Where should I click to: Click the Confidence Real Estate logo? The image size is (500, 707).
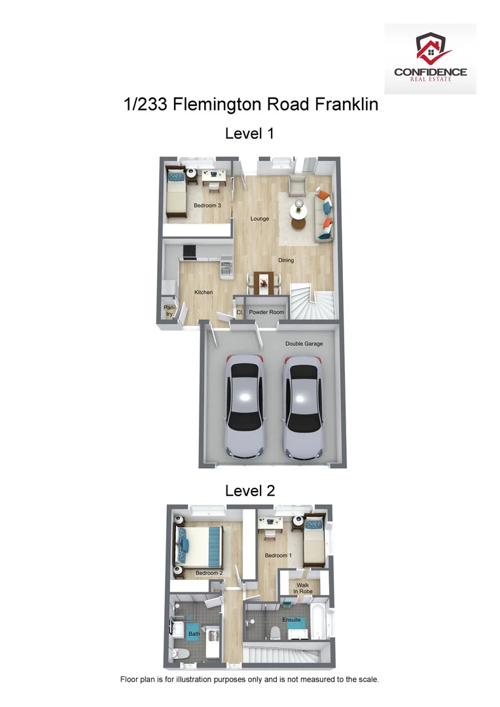click(430, 58)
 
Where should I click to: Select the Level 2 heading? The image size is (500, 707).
click(249, 490)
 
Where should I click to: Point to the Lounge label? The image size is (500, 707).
click(260, 219)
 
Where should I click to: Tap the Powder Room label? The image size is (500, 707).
click(266, 312)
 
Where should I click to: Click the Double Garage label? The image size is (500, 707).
click(304, 344)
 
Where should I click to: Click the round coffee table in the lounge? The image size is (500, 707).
click(300, 209)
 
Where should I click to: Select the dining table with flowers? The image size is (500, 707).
click(264, 283)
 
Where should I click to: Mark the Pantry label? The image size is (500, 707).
click(170, 310)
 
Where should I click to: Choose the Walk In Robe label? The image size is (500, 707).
click(303, 588)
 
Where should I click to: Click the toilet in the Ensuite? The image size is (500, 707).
click(276, 632)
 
